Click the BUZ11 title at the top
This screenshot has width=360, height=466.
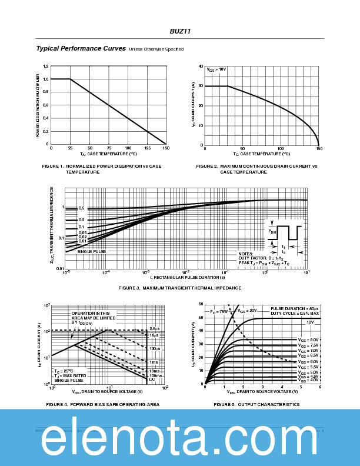point(180,31)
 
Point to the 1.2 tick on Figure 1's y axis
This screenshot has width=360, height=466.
point(46,66)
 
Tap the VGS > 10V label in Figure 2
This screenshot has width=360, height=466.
point(216,70)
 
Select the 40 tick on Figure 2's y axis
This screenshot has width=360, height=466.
point(201,66)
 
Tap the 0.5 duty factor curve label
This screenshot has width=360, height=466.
point(82,208)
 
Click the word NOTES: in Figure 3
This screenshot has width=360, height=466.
point(246,254)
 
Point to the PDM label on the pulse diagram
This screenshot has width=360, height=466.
point(272,231)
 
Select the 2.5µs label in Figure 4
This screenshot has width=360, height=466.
point(154,328)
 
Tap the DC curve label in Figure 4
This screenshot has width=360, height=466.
point(152,380)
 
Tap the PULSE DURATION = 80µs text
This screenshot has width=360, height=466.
point(294,308)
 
